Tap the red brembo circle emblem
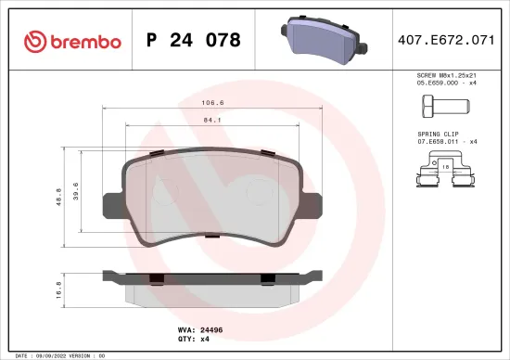[34, 42]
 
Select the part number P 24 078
[194, 41]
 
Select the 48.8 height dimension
[60, 197]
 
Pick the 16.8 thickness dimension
[60, 289]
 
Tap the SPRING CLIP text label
[439, 134]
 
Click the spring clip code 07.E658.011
[438, 141]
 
